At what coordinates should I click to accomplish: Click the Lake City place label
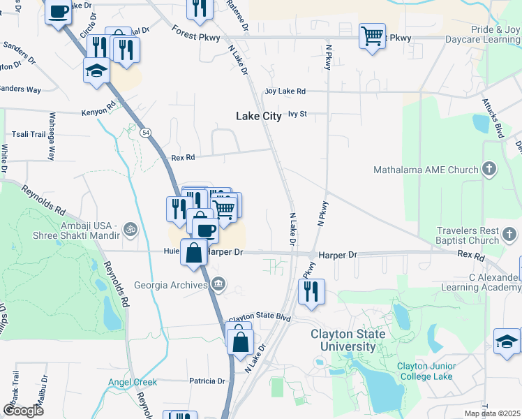(258, 117)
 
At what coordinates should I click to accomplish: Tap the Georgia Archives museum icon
(219, 283)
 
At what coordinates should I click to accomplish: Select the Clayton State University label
(348, 340)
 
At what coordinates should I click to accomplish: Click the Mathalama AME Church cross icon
(490, 169)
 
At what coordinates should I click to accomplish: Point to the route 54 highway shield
(144, 132)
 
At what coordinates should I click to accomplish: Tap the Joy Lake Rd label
(285, 91)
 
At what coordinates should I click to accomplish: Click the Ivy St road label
(297, 113)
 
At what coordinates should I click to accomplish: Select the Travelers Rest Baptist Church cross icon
(511, 235)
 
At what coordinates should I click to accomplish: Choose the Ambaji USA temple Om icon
(128, 228)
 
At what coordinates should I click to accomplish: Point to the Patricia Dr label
(207, 381)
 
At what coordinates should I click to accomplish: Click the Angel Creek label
(133, 382)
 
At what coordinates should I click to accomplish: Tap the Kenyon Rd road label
(97, 110)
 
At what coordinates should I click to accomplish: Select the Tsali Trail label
(29, 134)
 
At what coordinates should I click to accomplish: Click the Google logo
(23, 410)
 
